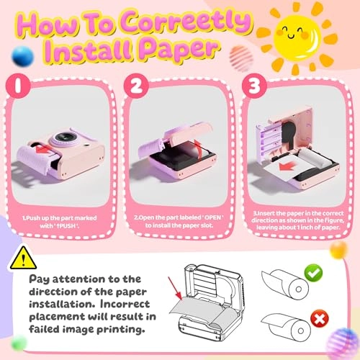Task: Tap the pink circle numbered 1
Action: [x=18, y=86]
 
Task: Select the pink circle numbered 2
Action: [x=136, y=86]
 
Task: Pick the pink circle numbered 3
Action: [x=254, y=86]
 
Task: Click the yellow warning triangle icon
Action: [x=23, y=258]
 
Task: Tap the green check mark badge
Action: [x=313, y=273]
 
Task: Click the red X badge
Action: [x=320, y=319]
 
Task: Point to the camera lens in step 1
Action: [x=63, y=138]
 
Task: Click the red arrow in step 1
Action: [x=44, y=149]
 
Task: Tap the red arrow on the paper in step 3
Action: [x=287, y=166]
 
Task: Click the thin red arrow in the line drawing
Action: [x=175, y=289]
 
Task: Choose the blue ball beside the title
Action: [x=22, y=56]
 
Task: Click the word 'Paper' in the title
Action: [x=179, y=49]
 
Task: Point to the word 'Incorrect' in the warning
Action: [x=125, y=304]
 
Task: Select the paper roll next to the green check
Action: [x=285, y=284]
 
